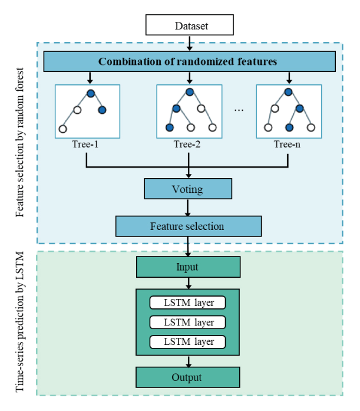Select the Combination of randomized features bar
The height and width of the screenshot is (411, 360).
pos(188,61)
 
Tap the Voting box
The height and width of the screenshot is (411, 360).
pos(188,190)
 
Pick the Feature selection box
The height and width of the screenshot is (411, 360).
pos(188,226)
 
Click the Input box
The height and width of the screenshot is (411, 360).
pos(188,267)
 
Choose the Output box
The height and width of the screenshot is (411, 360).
pos(188,377)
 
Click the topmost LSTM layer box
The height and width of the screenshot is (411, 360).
pos(188,303)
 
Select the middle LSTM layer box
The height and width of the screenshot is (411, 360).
pos(188,322)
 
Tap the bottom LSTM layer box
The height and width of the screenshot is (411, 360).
pos(188,341)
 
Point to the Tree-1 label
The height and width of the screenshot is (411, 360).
pos(87,144)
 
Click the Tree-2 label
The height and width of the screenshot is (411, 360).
pos(189,144)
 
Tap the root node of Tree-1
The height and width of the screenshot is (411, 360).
pos(91,93)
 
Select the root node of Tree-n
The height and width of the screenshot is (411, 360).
pos(288,91)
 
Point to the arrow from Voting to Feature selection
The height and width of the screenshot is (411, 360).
pos(188,208)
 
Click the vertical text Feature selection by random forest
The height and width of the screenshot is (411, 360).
pos(21,143)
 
